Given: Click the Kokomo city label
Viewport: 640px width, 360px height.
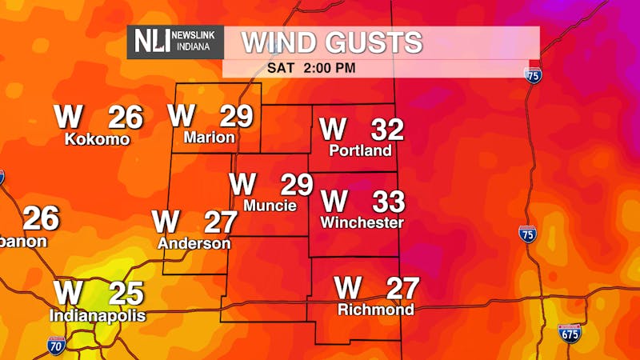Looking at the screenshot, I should pos(97,139).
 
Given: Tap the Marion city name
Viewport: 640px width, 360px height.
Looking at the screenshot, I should pos(209,138).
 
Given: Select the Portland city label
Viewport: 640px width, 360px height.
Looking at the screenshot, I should pos(361,150).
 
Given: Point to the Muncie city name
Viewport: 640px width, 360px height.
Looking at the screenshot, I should pos(270,206).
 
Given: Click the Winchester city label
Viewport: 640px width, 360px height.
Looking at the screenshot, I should pos(362,222).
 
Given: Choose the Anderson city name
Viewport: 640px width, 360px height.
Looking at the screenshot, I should pos(194,243).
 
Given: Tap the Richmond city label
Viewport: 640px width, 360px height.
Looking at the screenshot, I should pos(376,310).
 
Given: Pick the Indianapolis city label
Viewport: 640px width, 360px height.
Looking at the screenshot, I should pos(98,316).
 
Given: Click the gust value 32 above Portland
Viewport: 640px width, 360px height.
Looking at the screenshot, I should pos(387,130).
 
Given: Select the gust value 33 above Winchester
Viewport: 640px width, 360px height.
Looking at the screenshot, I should pos(389,201).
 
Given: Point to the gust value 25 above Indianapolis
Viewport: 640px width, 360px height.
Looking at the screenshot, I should pos(126,294).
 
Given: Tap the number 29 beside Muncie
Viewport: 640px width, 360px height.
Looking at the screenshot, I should pos(296,185).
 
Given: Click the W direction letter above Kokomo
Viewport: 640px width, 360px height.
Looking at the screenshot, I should pos(68,118).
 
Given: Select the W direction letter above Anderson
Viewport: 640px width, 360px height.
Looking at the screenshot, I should pos(166,220).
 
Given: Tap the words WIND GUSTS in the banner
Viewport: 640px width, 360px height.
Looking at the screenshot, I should pos(332,42).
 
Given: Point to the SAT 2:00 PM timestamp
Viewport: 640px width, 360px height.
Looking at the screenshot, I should pos(311,68).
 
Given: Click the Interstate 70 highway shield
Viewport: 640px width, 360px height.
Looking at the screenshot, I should pos(56,346).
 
